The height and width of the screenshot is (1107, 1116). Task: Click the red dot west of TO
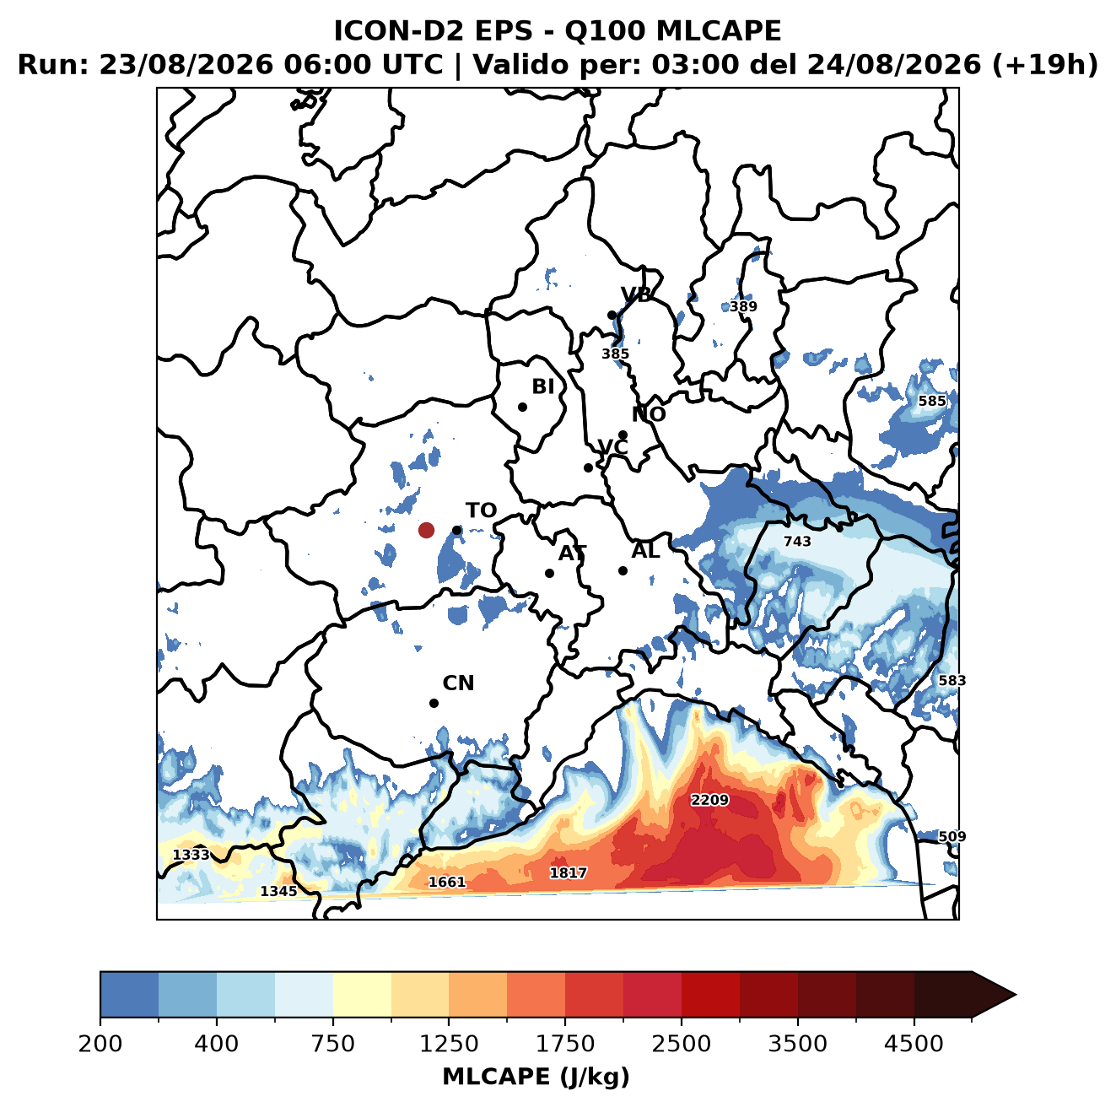(426, 530)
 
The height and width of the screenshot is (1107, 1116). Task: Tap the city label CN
(458, 683)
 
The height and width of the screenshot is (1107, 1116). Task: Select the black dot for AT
(549, 574)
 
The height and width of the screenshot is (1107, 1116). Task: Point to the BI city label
(542, 386)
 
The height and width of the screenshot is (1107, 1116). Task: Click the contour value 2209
(709, 800)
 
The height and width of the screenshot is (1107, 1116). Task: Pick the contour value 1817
(569, 872)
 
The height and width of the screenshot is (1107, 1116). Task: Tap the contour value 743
(797, 541)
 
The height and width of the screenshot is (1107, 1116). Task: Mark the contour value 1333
(191, 855)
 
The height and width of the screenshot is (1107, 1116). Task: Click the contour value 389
(743, 305)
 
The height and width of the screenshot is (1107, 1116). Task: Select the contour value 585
(932, 401)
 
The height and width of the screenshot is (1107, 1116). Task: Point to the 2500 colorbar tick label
(681, 1043)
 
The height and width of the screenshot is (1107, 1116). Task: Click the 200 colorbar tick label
(100, 1043)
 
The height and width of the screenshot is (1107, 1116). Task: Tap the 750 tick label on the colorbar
(332, 1043)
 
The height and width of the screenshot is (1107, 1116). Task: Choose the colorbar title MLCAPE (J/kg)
(536, 1077)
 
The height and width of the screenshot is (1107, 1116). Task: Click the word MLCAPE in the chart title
(718, 30)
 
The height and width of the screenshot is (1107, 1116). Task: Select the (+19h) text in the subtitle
(1044, 64)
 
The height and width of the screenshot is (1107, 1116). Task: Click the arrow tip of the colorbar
(1016, 996)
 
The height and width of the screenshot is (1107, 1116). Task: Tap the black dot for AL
(623, 570)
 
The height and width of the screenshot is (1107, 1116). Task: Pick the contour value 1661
(446, 882)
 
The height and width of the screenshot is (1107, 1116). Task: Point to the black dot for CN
(434, 703)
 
